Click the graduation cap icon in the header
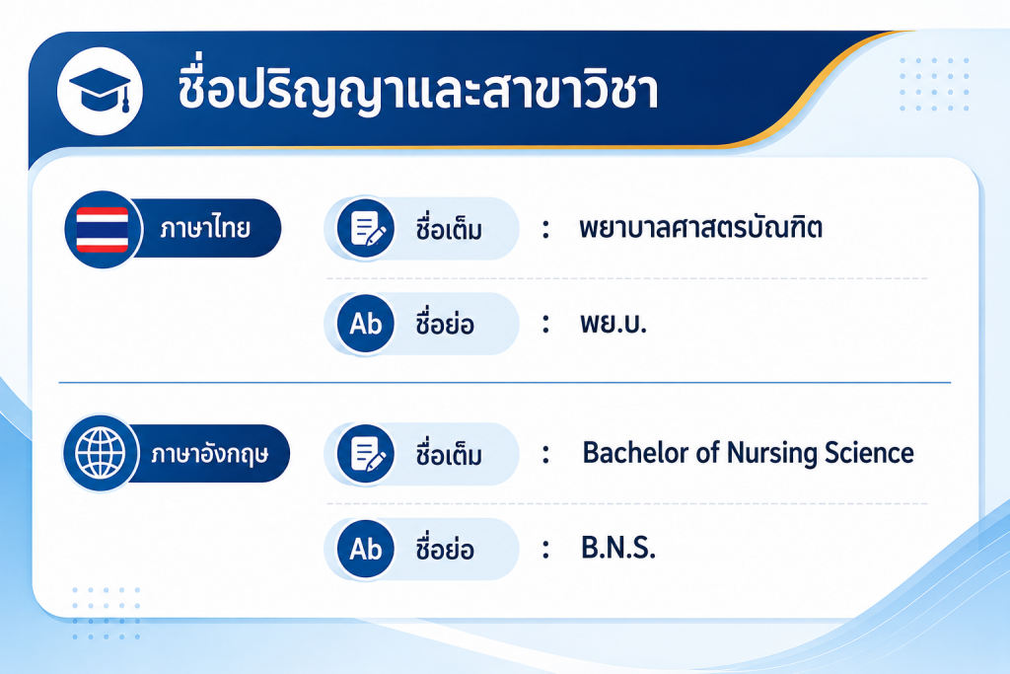(100, 91)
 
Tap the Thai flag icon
(103, 229)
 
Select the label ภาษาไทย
(205, 227)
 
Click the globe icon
(101, 453)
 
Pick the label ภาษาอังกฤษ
(210, 454)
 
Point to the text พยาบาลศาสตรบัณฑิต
(701, 227)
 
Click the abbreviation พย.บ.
(613, 323)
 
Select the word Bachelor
(634, 453)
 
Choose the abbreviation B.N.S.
(618, 549)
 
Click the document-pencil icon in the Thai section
(366, 228)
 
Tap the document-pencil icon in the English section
(366, 454)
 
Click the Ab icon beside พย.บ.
(366, 324)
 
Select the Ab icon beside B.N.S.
(366, 549)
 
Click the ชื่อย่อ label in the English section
(445, 548)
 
